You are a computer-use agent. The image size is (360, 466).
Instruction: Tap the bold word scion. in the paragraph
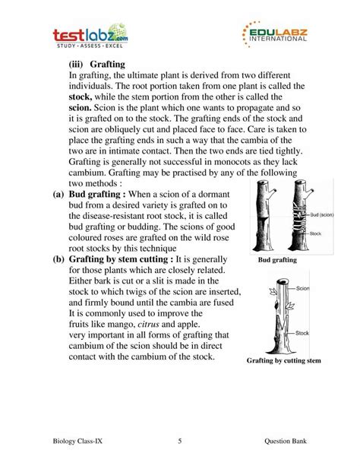(x=82, y=109)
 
